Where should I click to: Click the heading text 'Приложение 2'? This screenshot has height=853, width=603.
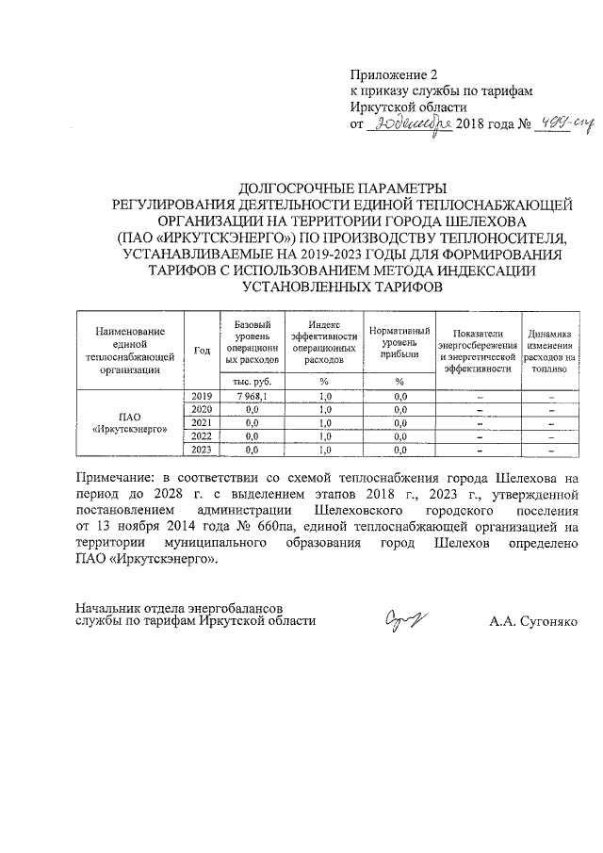point(394,74)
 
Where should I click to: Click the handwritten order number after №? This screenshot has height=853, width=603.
point(557,124)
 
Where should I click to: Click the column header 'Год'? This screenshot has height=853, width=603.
point(202,350)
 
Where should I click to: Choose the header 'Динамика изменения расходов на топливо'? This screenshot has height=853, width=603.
point(549,350)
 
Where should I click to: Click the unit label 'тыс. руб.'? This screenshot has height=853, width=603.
point(252,381)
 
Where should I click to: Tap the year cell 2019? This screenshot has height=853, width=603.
point(202,396)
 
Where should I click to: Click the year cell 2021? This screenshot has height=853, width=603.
point(202,423)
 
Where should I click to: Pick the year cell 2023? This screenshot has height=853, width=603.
point(202,451)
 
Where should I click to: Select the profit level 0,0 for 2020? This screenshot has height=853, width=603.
point(399,409)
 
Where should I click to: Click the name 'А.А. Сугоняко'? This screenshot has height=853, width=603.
point(535,621)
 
